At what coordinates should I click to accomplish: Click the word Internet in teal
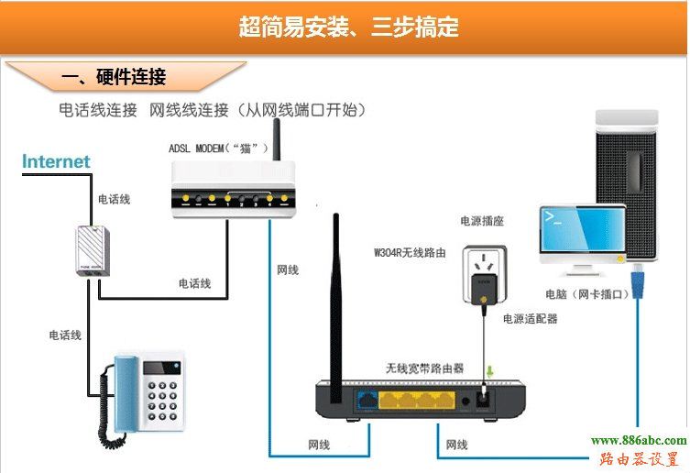pos(56,161)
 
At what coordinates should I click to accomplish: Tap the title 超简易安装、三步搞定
pos(349,27)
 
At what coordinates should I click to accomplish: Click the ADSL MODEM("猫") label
pos(218,148)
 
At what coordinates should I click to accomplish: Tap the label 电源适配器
pos(530,319)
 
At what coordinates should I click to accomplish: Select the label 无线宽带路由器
pos(424,368)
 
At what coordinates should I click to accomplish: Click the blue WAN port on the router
pos(368,399)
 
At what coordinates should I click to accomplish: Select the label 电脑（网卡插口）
pos(586,294)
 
